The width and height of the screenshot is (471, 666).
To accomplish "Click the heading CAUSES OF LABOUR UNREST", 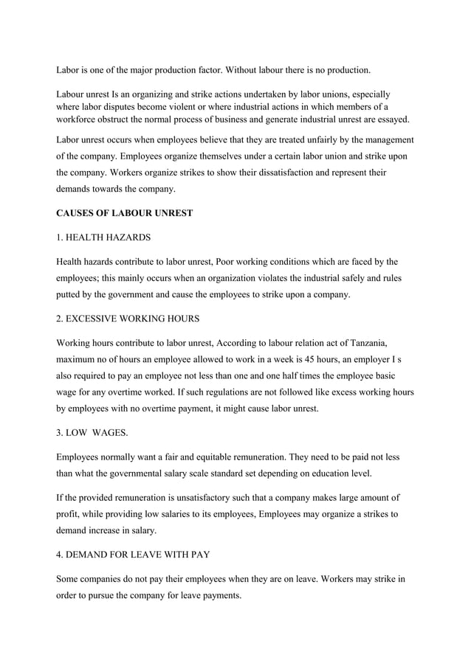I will tap(125, 213).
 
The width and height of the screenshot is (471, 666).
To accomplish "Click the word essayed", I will tap(389, 119).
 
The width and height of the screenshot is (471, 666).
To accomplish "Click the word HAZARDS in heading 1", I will tap(126, 237).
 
